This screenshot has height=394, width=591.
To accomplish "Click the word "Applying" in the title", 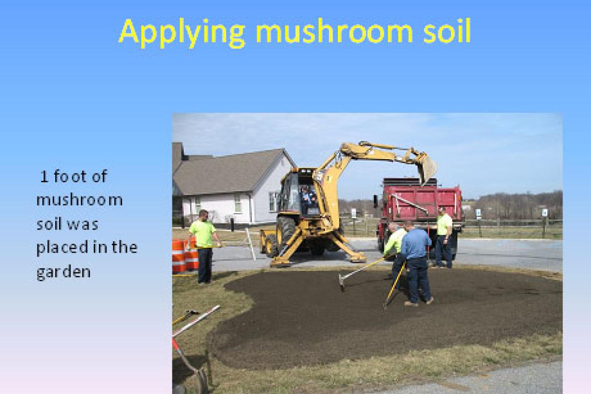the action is [182, 33].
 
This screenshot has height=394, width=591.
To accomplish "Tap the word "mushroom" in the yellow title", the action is [334, 31].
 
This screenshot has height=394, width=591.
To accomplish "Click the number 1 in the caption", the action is [44, 176].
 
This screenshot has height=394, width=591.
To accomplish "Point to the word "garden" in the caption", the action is [64, 272].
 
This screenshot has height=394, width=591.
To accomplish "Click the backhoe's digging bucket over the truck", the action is [427, 168].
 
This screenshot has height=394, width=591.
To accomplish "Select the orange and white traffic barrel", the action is [185, 256].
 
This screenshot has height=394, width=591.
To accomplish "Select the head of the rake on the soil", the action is [341, 283].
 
